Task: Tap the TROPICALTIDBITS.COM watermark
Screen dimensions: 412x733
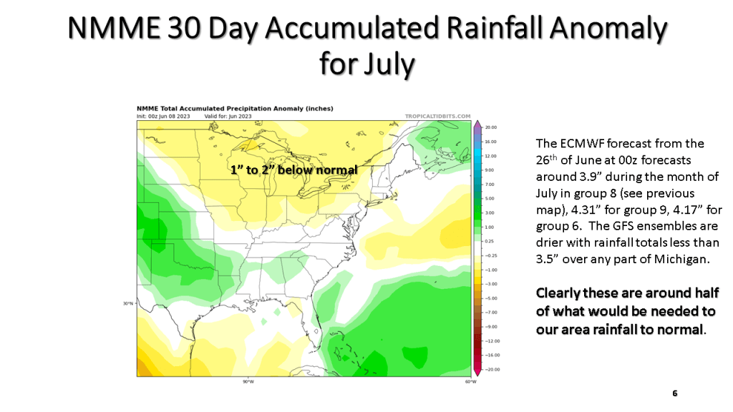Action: [437, 116]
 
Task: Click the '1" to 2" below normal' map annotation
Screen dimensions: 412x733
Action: [293, 170]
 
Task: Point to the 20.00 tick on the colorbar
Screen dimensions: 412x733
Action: [490, 128]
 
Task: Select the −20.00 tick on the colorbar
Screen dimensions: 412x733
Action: [490, 369]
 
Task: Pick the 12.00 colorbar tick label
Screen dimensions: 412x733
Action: [490, 156]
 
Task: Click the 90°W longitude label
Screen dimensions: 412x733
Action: [248, 381]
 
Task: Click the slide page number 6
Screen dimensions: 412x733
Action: [674, 393]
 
